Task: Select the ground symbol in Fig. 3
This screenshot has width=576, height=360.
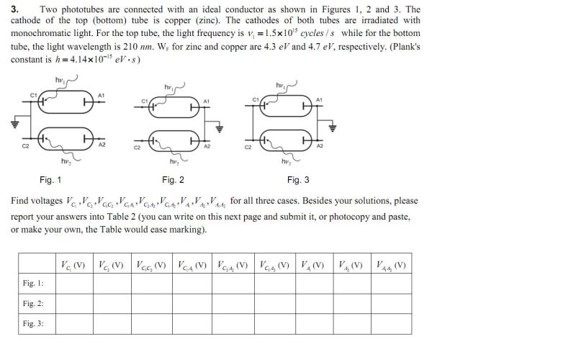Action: point(333,127)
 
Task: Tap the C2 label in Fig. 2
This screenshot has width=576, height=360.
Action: point(137,148)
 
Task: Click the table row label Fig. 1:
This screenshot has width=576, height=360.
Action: point(33,284)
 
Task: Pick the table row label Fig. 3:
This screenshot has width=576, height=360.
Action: point(33,324)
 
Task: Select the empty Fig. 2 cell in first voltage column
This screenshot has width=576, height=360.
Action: point(75,304)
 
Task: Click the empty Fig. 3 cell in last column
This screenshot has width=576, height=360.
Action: point(392,324)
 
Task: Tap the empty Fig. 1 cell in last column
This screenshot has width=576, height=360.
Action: point(392,284)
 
